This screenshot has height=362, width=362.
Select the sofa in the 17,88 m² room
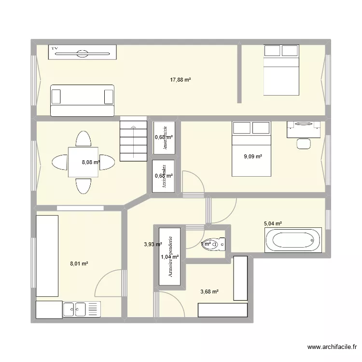point(82,100)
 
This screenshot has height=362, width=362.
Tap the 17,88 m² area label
point(181,80)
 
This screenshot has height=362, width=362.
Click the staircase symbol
point(133,141)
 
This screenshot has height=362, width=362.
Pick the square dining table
point(84,162)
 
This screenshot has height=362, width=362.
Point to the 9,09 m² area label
point(253,156)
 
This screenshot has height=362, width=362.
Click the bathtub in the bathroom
point(292,240)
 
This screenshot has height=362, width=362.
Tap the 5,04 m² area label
point(272,223)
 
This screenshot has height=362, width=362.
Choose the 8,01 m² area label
point(79,264)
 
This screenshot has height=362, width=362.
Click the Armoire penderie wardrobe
point(169,256)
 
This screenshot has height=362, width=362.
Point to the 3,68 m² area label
point(209,292)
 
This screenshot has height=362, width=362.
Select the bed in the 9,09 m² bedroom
point(251,149)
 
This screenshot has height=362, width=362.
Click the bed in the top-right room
point(281,70)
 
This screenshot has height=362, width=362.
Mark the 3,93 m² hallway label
point(153,244)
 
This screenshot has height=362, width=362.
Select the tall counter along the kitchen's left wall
point(47,256)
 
